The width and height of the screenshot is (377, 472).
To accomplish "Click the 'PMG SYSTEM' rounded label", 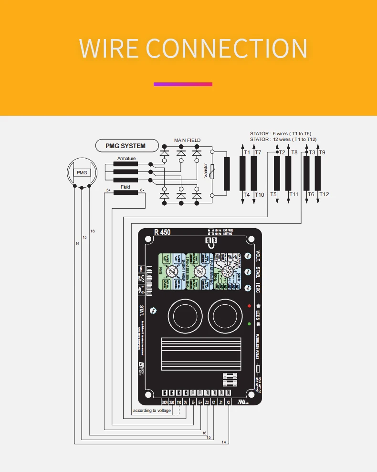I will pos(126,146).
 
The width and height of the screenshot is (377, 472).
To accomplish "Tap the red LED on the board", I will pos(249,306).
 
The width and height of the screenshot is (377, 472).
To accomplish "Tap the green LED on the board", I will pos(249,324).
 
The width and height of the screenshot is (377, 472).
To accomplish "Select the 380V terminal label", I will pos(165,402).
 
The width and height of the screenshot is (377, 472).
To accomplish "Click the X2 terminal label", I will pos(228,402).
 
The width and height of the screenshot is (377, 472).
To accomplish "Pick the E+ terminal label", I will pos(200,402).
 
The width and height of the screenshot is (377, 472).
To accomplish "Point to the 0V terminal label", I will pos(186,402).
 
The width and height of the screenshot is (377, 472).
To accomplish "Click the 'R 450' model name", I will pos(162,233).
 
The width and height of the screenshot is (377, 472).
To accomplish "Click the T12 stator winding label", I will pos(324,194).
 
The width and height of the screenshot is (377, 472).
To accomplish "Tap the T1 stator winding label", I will pos(247,152).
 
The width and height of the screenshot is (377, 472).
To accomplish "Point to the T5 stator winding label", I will pos(273,194).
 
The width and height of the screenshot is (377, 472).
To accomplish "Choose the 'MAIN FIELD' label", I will pos(187,140).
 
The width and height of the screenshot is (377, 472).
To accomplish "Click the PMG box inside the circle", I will pos(82,172).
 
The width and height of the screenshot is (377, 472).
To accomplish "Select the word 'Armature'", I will pos(126,159).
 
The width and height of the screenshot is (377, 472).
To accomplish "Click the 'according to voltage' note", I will pos(152,410).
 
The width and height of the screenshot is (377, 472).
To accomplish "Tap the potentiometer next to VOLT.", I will pos(248,256).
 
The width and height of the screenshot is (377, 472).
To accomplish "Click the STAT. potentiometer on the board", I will pos(152,310).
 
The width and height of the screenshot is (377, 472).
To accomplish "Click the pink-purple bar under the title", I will pos(183,84).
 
